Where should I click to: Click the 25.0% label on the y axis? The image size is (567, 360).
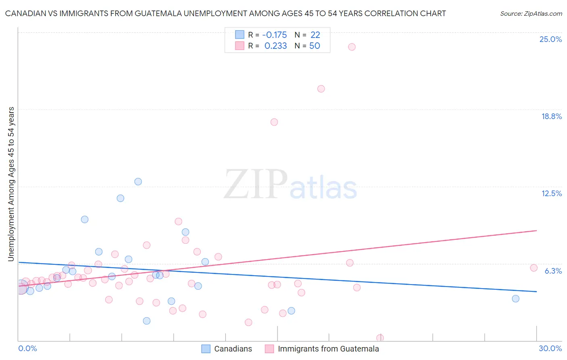550,39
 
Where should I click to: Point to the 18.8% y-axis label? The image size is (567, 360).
551,116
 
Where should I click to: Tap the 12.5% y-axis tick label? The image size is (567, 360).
551,193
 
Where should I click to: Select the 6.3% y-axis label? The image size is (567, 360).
553,271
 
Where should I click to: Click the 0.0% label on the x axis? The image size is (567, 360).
27,348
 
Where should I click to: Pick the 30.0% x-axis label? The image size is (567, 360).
550,348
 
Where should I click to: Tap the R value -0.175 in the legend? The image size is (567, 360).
274,35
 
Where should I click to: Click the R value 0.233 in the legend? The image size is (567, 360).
275,46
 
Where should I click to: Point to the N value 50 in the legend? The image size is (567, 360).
315,46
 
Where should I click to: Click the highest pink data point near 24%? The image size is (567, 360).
352,47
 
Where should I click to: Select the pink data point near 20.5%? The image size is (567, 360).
321,89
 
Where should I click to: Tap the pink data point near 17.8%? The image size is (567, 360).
274,122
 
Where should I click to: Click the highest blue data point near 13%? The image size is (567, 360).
138,182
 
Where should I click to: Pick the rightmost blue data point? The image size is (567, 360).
515,299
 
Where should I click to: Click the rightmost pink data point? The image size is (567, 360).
534,268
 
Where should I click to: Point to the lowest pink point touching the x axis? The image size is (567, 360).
380,338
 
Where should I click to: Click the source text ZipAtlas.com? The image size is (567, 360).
531,13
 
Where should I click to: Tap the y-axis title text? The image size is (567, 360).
11,184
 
